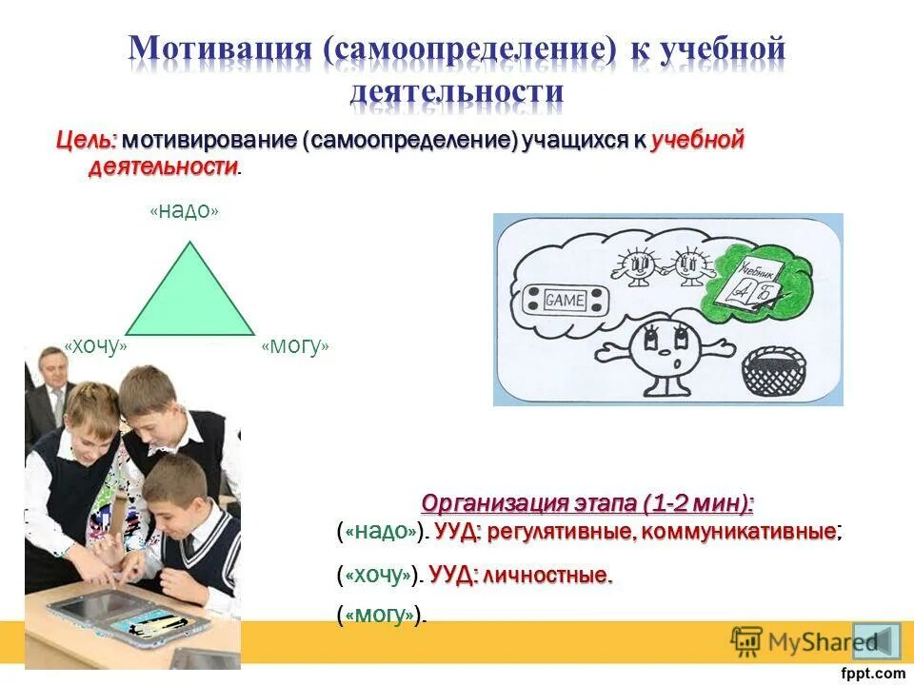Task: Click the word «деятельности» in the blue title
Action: point(457,91)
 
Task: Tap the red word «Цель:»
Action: point(86,141)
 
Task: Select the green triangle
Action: point(190,295)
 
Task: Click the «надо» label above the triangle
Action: point(184,211)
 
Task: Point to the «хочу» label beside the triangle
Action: point(95,347)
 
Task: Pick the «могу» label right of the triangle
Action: point(295,347)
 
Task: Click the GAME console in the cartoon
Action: point(565,301)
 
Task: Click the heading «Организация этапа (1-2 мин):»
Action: point(587,502)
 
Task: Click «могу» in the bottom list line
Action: point(381,616)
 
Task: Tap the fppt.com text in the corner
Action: point(873,673)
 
